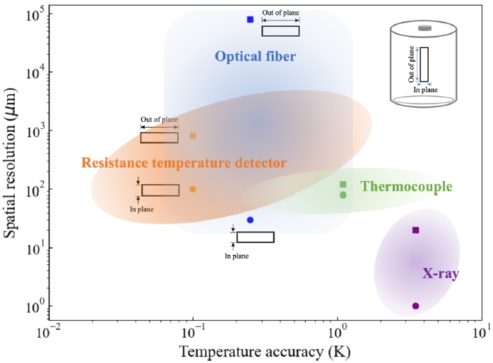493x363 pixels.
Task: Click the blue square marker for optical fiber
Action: (250, 20)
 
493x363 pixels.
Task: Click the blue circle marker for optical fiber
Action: (250, 220)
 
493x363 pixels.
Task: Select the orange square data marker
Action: (193, 136)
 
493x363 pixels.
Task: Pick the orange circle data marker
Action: (193, 189)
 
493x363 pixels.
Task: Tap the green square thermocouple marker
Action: (343, 185)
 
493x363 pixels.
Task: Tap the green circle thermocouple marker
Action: (343, 195)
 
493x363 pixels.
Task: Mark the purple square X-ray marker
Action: (416, 230)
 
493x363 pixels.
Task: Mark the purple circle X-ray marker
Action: (416, 306)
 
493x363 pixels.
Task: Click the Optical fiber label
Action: (255, 56)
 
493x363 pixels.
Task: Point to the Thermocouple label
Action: (406, 187)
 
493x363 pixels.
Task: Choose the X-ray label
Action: (440, 273)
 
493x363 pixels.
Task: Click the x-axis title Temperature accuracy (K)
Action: (265, 351)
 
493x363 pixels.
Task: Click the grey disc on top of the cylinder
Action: (424, 28)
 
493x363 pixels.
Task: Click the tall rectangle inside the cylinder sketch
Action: (424, 65)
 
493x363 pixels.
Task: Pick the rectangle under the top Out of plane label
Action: (280, 31)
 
